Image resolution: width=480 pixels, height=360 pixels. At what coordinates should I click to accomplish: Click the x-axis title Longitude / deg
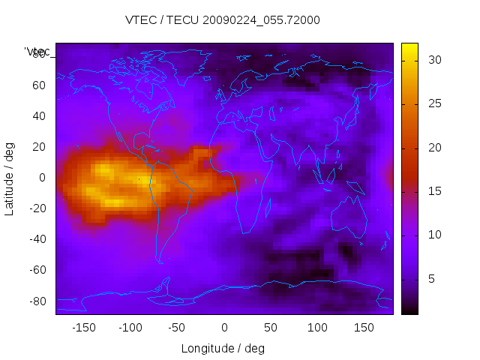pyautogui.click(x=223, y=348)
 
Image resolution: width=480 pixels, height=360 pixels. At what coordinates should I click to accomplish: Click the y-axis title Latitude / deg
pyautogui.click(x=10, y=178)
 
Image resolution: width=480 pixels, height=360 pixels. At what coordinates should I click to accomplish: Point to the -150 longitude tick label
pyautogui.click(x=83, y=328)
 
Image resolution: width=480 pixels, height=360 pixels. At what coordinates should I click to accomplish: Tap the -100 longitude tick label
pyautogui.click(x=130, y=328)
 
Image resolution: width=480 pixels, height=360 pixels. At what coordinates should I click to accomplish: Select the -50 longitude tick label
pyautogui.click(x=178, y=328)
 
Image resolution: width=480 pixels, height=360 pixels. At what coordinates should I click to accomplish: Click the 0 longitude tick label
pyautogui.click(x=224, y=328)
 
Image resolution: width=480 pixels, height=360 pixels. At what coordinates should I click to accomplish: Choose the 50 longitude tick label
pyautogui.click(x=271, y=328)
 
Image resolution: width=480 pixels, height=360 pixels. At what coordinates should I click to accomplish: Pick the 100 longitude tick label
pyautogui.click(x=317, y=328)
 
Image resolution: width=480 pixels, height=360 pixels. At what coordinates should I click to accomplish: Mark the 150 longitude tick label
pyautogui.click(x=364, y=328)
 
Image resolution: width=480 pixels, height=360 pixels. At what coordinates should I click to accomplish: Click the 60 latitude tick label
pyautogui.click(x=39, y=85)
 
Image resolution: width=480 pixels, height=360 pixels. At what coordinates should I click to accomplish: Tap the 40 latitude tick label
pyautogui.click(x=39, y=115)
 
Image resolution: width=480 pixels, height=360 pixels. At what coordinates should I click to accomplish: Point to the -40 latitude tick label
pyautogui.click(x=37, y=239)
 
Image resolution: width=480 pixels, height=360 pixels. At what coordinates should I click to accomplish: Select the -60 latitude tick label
pyautogui.click(x=37, y=270)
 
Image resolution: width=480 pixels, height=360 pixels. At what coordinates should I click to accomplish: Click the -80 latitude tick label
pyautogui.click(x=37, y=301)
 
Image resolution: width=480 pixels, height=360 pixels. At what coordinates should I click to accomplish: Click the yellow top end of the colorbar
pyautogui.click(x=409, y=47)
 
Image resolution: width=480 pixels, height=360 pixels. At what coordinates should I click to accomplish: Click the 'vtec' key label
pyautogui.click(x=37, y=52)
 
